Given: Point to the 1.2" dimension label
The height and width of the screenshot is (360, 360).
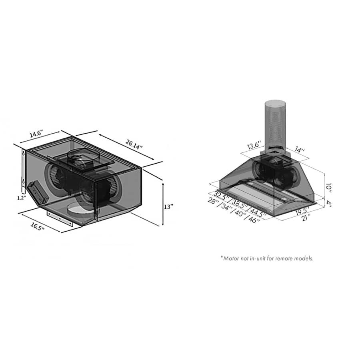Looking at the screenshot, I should [x=20, y=198].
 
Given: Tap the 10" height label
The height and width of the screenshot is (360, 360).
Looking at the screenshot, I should [x=328, y=187].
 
